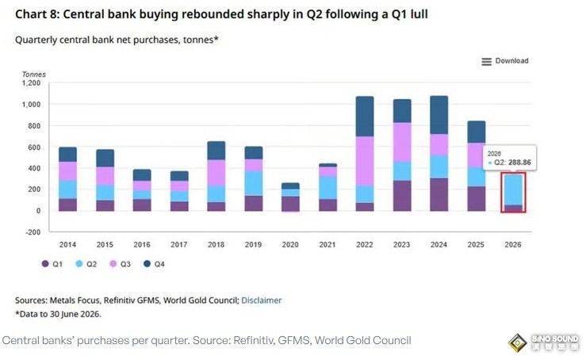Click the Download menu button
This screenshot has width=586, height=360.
505,61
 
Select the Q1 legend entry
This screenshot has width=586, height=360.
52,264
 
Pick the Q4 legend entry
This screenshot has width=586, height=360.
154,264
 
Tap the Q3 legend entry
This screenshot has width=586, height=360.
120,264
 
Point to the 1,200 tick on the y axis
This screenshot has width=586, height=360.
32,83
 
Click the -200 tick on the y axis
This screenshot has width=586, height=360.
33,232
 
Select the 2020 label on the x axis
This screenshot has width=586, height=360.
290,244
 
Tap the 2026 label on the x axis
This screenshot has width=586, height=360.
513,244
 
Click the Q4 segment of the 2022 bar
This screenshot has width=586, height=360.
365,117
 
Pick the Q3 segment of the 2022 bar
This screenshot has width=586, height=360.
365,161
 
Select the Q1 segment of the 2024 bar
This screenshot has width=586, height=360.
439,194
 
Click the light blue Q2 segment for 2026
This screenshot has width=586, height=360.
513,190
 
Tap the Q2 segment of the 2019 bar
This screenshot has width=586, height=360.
254,183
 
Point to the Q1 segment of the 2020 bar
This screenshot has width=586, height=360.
290,204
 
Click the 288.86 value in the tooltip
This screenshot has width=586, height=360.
519,163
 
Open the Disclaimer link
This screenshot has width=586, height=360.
261,301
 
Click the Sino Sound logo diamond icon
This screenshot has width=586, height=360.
517,343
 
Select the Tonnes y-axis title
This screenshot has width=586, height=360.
33,75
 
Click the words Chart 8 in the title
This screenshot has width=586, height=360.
36,14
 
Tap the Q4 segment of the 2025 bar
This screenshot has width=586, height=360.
476,132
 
